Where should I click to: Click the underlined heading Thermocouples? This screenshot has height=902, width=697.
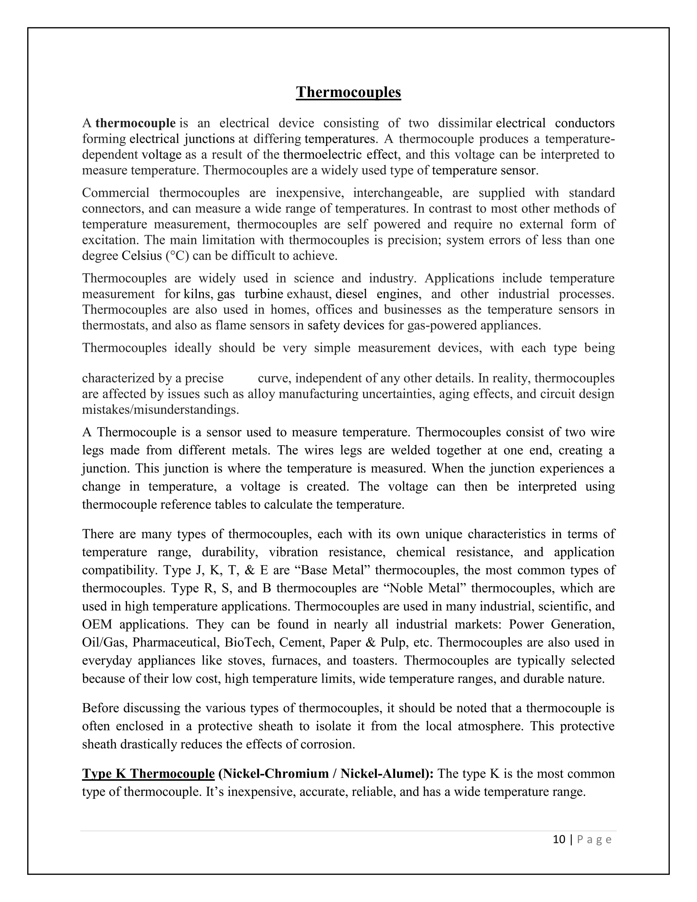[348, 92]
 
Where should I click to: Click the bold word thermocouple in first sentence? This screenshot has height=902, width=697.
[135, 123]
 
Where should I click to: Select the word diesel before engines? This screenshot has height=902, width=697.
[351, 294]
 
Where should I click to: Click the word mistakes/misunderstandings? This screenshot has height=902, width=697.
[161, 410]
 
